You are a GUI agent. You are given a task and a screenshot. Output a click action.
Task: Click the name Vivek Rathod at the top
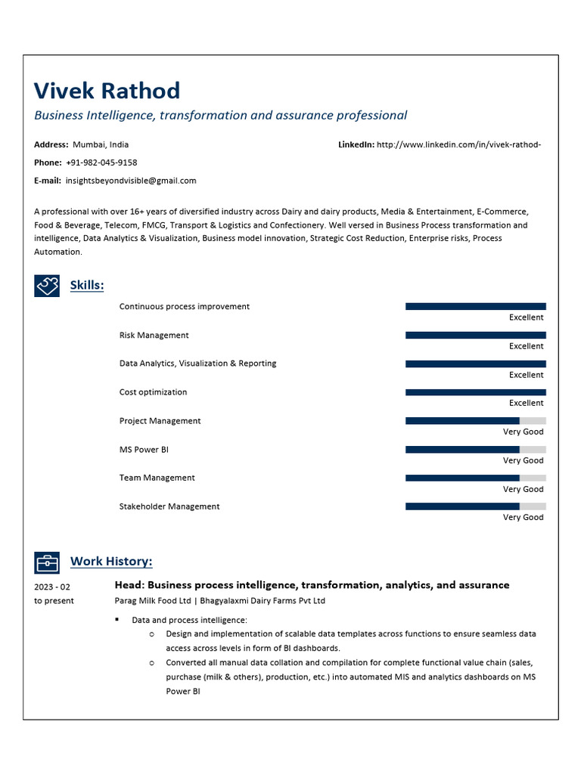tap(107, 91)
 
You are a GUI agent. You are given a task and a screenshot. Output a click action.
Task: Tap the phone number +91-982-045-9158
tap(101, 163)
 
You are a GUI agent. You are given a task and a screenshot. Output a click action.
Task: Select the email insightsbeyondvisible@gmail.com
tap(131, 181)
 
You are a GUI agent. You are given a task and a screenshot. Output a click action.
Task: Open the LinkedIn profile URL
tap(458, 144)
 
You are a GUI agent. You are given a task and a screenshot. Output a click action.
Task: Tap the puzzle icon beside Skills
tap(47, 285)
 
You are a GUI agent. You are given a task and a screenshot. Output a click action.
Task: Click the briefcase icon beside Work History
tap(47, 562)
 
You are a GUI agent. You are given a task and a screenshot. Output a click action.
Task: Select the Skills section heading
tap(87, 285)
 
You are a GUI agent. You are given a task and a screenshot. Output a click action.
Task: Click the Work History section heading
tap(111, 562)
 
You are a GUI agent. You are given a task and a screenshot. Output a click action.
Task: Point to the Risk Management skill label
tap(154, 335)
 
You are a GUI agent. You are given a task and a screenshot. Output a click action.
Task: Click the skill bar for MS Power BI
tap(475, 449)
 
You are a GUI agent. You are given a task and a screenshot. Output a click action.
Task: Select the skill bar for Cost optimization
tap(475, 392)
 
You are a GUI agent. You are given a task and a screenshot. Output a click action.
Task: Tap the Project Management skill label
tap(160, 421)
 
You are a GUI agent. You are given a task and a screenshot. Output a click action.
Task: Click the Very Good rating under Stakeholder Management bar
tap(523, 518)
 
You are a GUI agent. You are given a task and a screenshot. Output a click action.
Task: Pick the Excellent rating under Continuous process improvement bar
tap(526, 317)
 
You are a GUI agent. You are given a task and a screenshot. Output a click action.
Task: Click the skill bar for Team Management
tap(475, 478)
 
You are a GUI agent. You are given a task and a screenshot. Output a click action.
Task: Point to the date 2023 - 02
tap(52, 587)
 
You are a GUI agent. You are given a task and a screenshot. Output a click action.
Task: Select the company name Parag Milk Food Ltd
tap(152, 601)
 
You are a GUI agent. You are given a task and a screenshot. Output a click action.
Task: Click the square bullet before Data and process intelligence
tap(117, 620)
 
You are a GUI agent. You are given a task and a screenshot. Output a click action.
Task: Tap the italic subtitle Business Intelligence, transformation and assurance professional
tap(220, 116)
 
